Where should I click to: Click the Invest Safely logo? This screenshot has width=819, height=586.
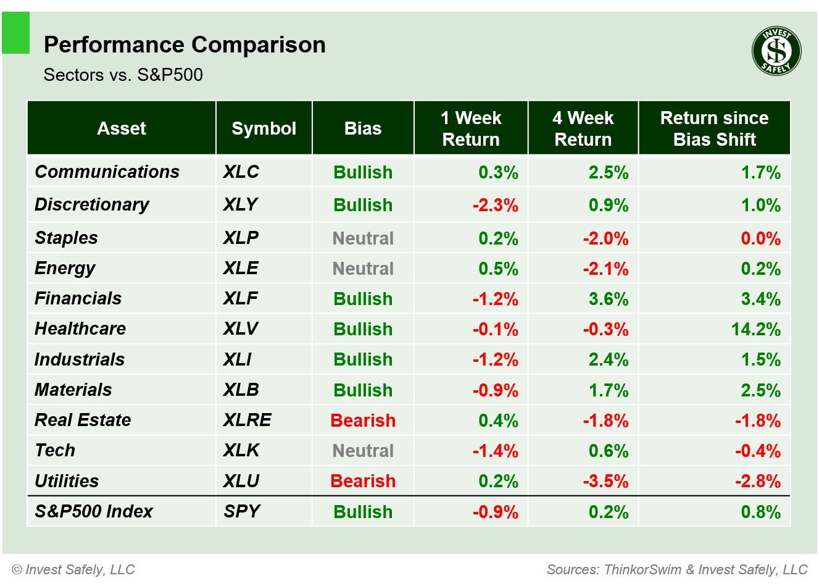[776, 51]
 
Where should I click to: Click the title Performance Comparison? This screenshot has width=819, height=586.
[185, 45]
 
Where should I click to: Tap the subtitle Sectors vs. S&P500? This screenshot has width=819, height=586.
[123, 75]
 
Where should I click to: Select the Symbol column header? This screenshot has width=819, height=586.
[264, 128]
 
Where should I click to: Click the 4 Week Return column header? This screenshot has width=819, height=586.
[583, 128]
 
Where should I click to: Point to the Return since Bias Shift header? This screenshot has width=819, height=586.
[714, 128]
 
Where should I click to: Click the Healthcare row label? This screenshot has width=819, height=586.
[80, 329]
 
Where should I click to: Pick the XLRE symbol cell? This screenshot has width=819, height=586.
[247, 420]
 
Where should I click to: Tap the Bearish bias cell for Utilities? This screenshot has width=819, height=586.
[363, 481]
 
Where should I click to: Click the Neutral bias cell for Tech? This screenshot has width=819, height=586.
[363, 451]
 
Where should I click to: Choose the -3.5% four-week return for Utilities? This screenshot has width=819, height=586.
[605, 481]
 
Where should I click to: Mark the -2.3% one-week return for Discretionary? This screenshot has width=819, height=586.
[495, 205]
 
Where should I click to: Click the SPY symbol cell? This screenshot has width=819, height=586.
[242, 511]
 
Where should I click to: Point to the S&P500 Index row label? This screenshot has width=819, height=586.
[93, 511]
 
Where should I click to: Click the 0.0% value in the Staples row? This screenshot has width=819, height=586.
[760, 238]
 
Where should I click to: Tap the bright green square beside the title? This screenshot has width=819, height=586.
[15, 33]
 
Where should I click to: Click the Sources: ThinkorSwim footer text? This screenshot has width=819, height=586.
[676, 569]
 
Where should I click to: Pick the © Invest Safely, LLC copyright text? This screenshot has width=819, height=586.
[73, 569]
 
